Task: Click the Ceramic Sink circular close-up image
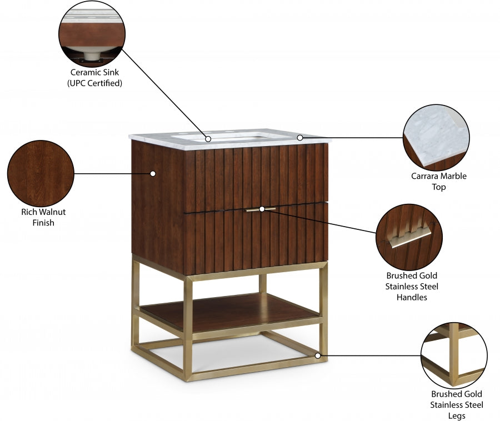pyautogui.click(x=93, y=33)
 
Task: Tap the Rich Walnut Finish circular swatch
pyautogui.click(x=41, y=173)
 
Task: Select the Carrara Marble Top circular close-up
pyautogui.click(x=436, y=138)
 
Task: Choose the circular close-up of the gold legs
pyautogui.click(x=454, y=355)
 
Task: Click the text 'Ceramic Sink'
pyautogui.click(x=94, y=72)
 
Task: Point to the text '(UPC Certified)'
pyautogui.click(x=94, y=83)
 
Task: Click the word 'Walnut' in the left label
pyautogui.click(x=52, y=212)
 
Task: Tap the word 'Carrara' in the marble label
pyautogui.click(x=423, y=176)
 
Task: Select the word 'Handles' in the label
pyautogui.click(x=412, y=298)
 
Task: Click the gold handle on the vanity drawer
pyautogui.click(x=261, y=209)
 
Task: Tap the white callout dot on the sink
pyautogui.click(x=208, y=139)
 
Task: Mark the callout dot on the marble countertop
pyautogui.click(x=299, y=137)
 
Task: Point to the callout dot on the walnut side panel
pyautogui.click(x=153, y=173)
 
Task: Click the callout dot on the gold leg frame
pyautogui.click(x=318, y=355)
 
